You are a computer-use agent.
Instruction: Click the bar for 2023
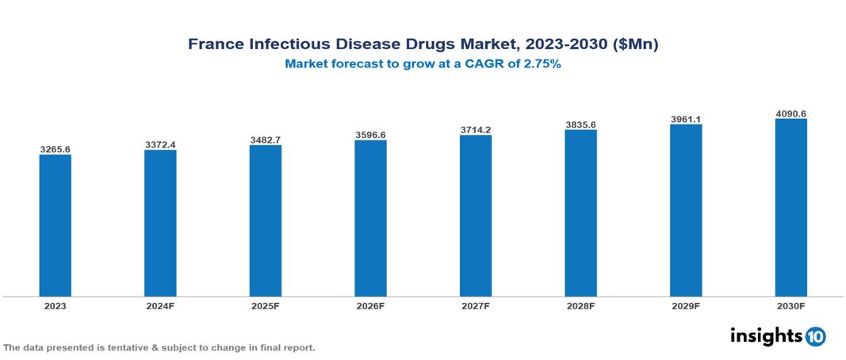point(56,225)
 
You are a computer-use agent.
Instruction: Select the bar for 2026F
point(370,218)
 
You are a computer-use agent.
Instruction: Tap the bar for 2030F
point(790,208)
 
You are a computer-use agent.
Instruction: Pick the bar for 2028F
point(580,213)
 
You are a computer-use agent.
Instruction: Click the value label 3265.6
point(56,148)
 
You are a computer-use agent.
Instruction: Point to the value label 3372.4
point(160,144)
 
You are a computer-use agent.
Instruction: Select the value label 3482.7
point(265,140)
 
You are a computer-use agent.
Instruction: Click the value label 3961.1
point(685,119)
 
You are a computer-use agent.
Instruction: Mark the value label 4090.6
point(790,113)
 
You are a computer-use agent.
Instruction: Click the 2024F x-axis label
point(160,305)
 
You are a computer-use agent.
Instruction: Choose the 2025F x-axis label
point(265,305)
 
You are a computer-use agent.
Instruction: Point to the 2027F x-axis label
point(475,305)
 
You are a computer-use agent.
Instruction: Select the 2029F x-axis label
point(685,305)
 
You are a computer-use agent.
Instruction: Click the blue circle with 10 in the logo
point(815,336)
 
